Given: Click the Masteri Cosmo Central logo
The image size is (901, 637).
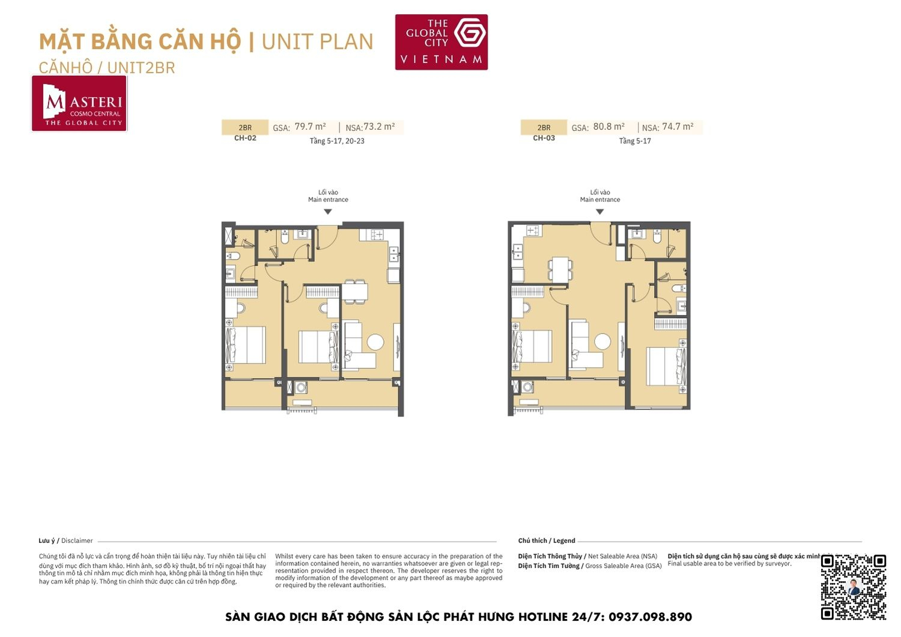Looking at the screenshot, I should [79, 103].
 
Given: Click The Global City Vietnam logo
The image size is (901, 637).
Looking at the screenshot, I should [441, 42].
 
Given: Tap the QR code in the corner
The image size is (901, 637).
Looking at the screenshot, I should [853, 587].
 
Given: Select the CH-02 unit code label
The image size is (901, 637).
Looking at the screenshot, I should [245, 138].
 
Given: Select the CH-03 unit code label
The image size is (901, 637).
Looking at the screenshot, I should [544, 138].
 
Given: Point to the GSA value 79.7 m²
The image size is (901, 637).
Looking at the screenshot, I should [310, 127].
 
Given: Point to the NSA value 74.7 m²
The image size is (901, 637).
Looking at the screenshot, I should [678, 127].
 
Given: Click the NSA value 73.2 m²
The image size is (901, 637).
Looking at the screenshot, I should [379, 127].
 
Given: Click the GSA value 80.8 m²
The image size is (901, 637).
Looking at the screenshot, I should [608, 127].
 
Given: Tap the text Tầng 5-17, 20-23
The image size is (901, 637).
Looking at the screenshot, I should [337, 141].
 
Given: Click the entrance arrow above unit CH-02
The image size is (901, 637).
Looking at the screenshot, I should [328, 212].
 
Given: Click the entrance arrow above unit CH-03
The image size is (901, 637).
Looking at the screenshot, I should [599, 212].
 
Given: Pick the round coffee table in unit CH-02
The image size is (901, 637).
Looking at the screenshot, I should [375, 342].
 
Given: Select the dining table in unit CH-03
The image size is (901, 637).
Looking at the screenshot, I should [560, 269].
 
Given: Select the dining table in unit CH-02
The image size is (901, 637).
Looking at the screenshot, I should [354, 291].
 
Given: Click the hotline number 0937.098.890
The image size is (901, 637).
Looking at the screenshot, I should [650, 617].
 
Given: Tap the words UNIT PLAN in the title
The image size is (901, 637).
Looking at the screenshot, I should [317, 42].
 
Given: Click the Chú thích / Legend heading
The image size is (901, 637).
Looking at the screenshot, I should [547, 541].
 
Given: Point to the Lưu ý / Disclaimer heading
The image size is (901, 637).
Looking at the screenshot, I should [65, 541].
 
